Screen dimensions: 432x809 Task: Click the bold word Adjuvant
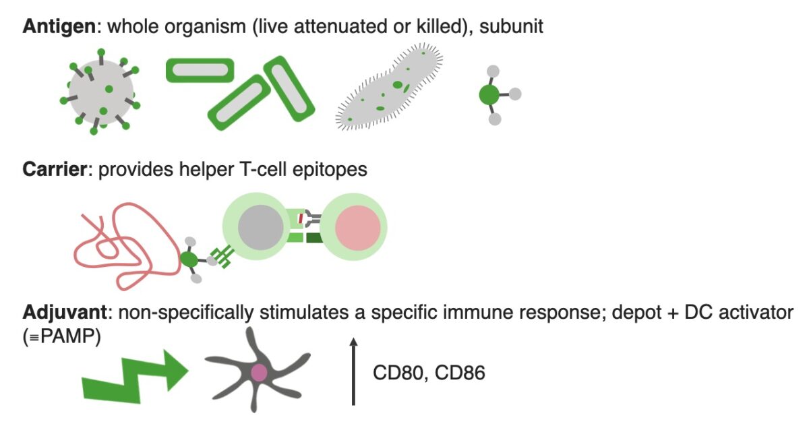pos(63,313)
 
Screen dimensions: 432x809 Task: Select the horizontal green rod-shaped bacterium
pos(200,70)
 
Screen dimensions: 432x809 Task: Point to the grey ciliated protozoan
pos(389,88)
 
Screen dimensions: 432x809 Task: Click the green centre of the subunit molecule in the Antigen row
pos(489,96)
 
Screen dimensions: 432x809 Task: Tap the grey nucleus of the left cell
pos(260,227)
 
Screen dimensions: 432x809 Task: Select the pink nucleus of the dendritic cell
pos(260,373)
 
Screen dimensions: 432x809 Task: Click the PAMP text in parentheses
pos(65,335)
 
